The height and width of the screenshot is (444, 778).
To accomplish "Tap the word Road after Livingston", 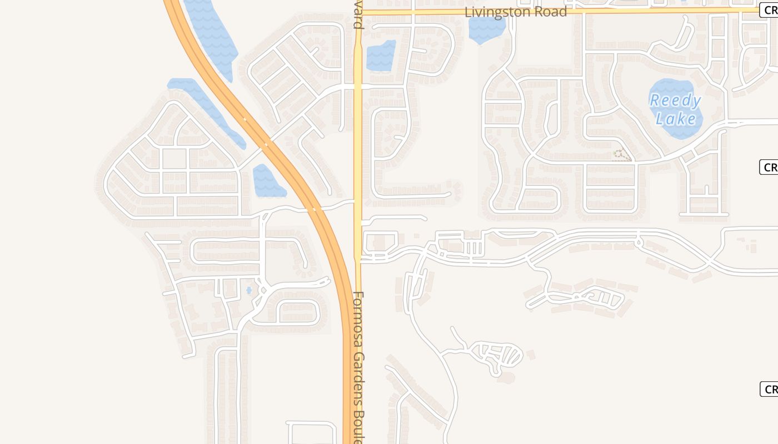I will click(x=552, y=12).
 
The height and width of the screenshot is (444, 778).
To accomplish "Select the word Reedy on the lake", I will click(x=675, y=100).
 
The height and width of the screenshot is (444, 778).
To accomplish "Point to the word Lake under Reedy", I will click(x=676, y=119).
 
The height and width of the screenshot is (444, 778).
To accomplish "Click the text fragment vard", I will click(x=358, y=19).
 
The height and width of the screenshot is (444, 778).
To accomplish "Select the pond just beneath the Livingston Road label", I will click(x=487, y=30).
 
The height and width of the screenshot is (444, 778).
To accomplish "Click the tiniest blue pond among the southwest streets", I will click(x=248, y=290).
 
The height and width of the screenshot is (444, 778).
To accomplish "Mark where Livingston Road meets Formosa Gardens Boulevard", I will click(x=358, y=11).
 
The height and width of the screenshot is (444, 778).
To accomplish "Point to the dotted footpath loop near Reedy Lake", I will click(x=622, y=155).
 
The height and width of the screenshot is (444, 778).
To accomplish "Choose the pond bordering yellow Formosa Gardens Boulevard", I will click(x=381, y=56).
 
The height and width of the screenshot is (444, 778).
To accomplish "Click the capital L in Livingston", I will click(x=468, y=12).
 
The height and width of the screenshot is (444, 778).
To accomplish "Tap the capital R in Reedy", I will click(x=655, y=100).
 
